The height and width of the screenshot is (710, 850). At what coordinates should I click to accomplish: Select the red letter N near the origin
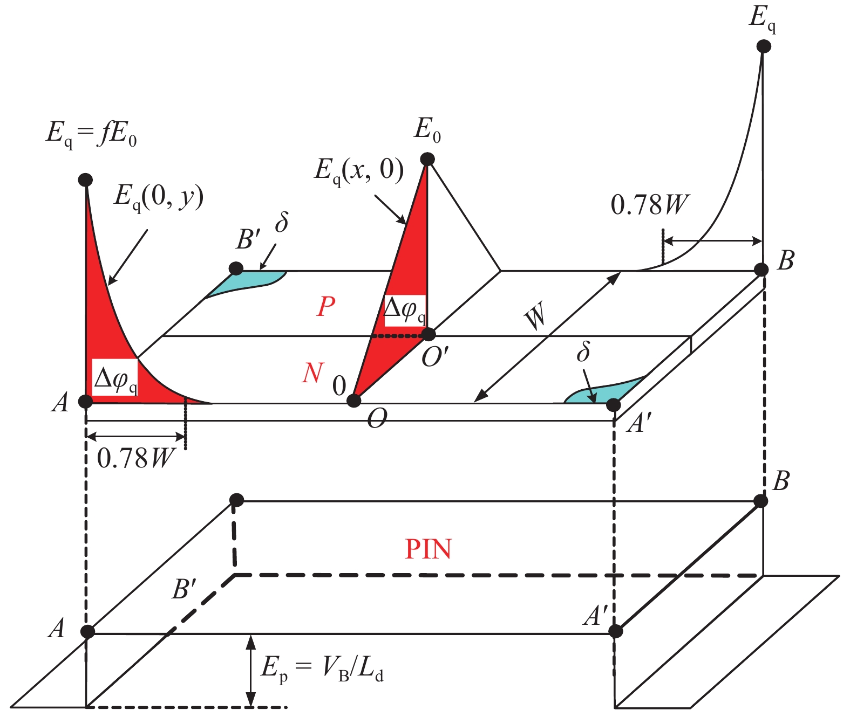[312, 373]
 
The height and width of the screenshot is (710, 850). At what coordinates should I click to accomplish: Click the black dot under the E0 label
[427, 159]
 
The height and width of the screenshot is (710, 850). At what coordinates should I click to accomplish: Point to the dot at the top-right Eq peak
[764, 46]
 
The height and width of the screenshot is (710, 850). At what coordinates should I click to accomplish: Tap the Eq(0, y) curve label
[159, 198]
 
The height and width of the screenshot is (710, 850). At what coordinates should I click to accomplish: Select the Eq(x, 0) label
[359, 170]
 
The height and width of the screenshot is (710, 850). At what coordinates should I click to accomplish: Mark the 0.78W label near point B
[650, 204]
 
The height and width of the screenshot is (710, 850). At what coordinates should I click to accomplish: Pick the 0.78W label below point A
[135, 458]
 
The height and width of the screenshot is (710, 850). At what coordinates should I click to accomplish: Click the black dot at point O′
[428, 335]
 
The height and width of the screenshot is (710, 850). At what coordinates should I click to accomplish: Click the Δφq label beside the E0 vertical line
[405, 311]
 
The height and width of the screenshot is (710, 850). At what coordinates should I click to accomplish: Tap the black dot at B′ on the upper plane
[236, 268]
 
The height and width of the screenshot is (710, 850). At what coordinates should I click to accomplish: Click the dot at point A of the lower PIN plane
[87, 631]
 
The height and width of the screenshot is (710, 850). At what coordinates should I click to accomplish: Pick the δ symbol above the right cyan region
[584, 352]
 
